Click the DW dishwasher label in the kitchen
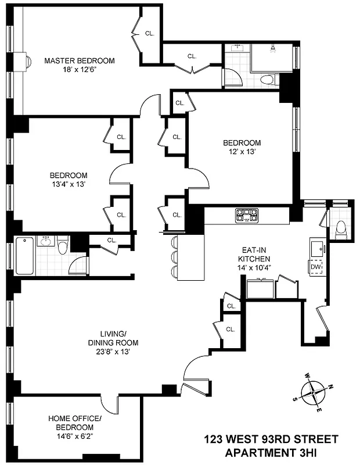coord(316,267)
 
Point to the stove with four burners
coord(246,215)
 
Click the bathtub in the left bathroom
coord(24,256)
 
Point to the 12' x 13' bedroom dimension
coord(242,151)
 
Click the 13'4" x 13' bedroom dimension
coord(68,184)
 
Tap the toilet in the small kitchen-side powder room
coord(341,229)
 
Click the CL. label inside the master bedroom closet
coord(150,34)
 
